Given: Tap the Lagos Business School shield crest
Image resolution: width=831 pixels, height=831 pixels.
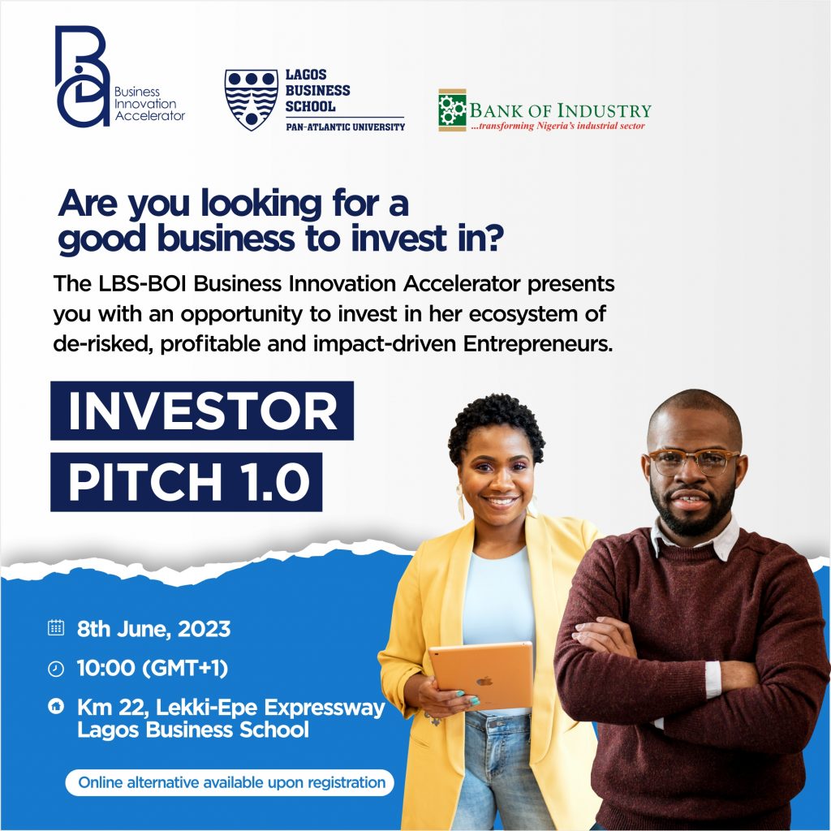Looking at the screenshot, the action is click(x=252, y=99).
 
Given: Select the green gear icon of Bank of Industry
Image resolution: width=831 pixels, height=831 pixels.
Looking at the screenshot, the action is click(x=452, y=110).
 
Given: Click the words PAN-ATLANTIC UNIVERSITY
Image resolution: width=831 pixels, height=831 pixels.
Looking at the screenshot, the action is click(x=345, y=127).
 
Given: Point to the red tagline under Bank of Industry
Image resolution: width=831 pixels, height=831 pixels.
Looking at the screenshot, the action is click(x=557, y=126).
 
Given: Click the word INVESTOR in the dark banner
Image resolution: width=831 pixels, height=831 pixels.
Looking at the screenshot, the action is click(x=202, y=411).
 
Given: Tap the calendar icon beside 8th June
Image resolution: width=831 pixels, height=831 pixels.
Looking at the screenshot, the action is click(x=56, y=628).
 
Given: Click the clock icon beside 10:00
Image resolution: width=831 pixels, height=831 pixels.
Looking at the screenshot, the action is click(x=56, y=669).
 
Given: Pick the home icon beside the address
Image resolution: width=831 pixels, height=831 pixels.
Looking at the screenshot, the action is click(x=56, y=706).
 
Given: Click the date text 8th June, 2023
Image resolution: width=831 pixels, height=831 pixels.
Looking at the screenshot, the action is click(x=153, y=629).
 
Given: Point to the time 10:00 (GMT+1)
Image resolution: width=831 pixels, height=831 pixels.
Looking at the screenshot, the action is click(x=153, y=669).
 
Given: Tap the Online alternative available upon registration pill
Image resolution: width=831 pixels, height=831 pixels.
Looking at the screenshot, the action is click(x=230, y=783).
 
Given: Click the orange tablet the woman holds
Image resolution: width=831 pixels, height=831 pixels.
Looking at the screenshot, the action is click(x=481, y=675).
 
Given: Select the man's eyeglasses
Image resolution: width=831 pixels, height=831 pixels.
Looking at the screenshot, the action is click(x=694, y=461).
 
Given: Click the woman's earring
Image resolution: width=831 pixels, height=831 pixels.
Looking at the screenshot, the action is click(x=461, y=502).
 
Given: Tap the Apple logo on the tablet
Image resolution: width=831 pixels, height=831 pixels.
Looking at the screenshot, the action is click(x=484, y=680).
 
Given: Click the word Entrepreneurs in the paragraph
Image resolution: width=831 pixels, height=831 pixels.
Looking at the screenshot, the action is click(x=538, y=344).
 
